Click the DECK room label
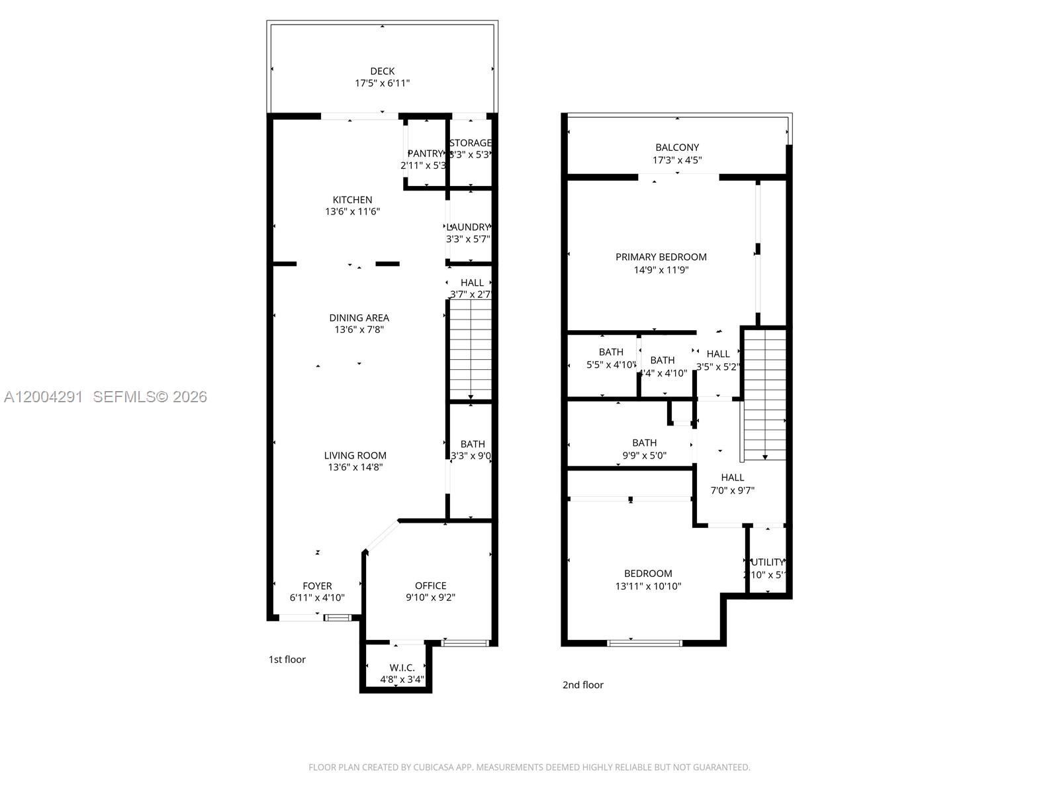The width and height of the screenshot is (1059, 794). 382,71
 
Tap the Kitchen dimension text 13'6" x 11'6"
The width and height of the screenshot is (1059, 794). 352,212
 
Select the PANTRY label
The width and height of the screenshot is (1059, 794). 424,154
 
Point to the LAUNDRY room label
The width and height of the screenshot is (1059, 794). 469,227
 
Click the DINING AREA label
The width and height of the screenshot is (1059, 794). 359,318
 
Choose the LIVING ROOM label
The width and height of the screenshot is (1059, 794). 355,455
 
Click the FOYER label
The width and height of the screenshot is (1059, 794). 317,586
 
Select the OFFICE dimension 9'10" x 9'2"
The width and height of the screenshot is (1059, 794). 430,597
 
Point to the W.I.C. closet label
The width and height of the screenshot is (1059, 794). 402,668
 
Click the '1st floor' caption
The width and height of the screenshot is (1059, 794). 287,660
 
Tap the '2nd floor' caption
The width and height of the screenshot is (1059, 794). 582,685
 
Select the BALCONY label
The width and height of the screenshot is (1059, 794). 677,148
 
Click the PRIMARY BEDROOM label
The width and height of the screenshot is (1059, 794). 661,257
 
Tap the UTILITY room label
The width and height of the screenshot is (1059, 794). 768,562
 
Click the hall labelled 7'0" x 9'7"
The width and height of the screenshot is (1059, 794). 732,484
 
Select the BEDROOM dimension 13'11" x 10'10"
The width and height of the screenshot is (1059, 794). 648,586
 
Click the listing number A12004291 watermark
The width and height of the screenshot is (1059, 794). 44,396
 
